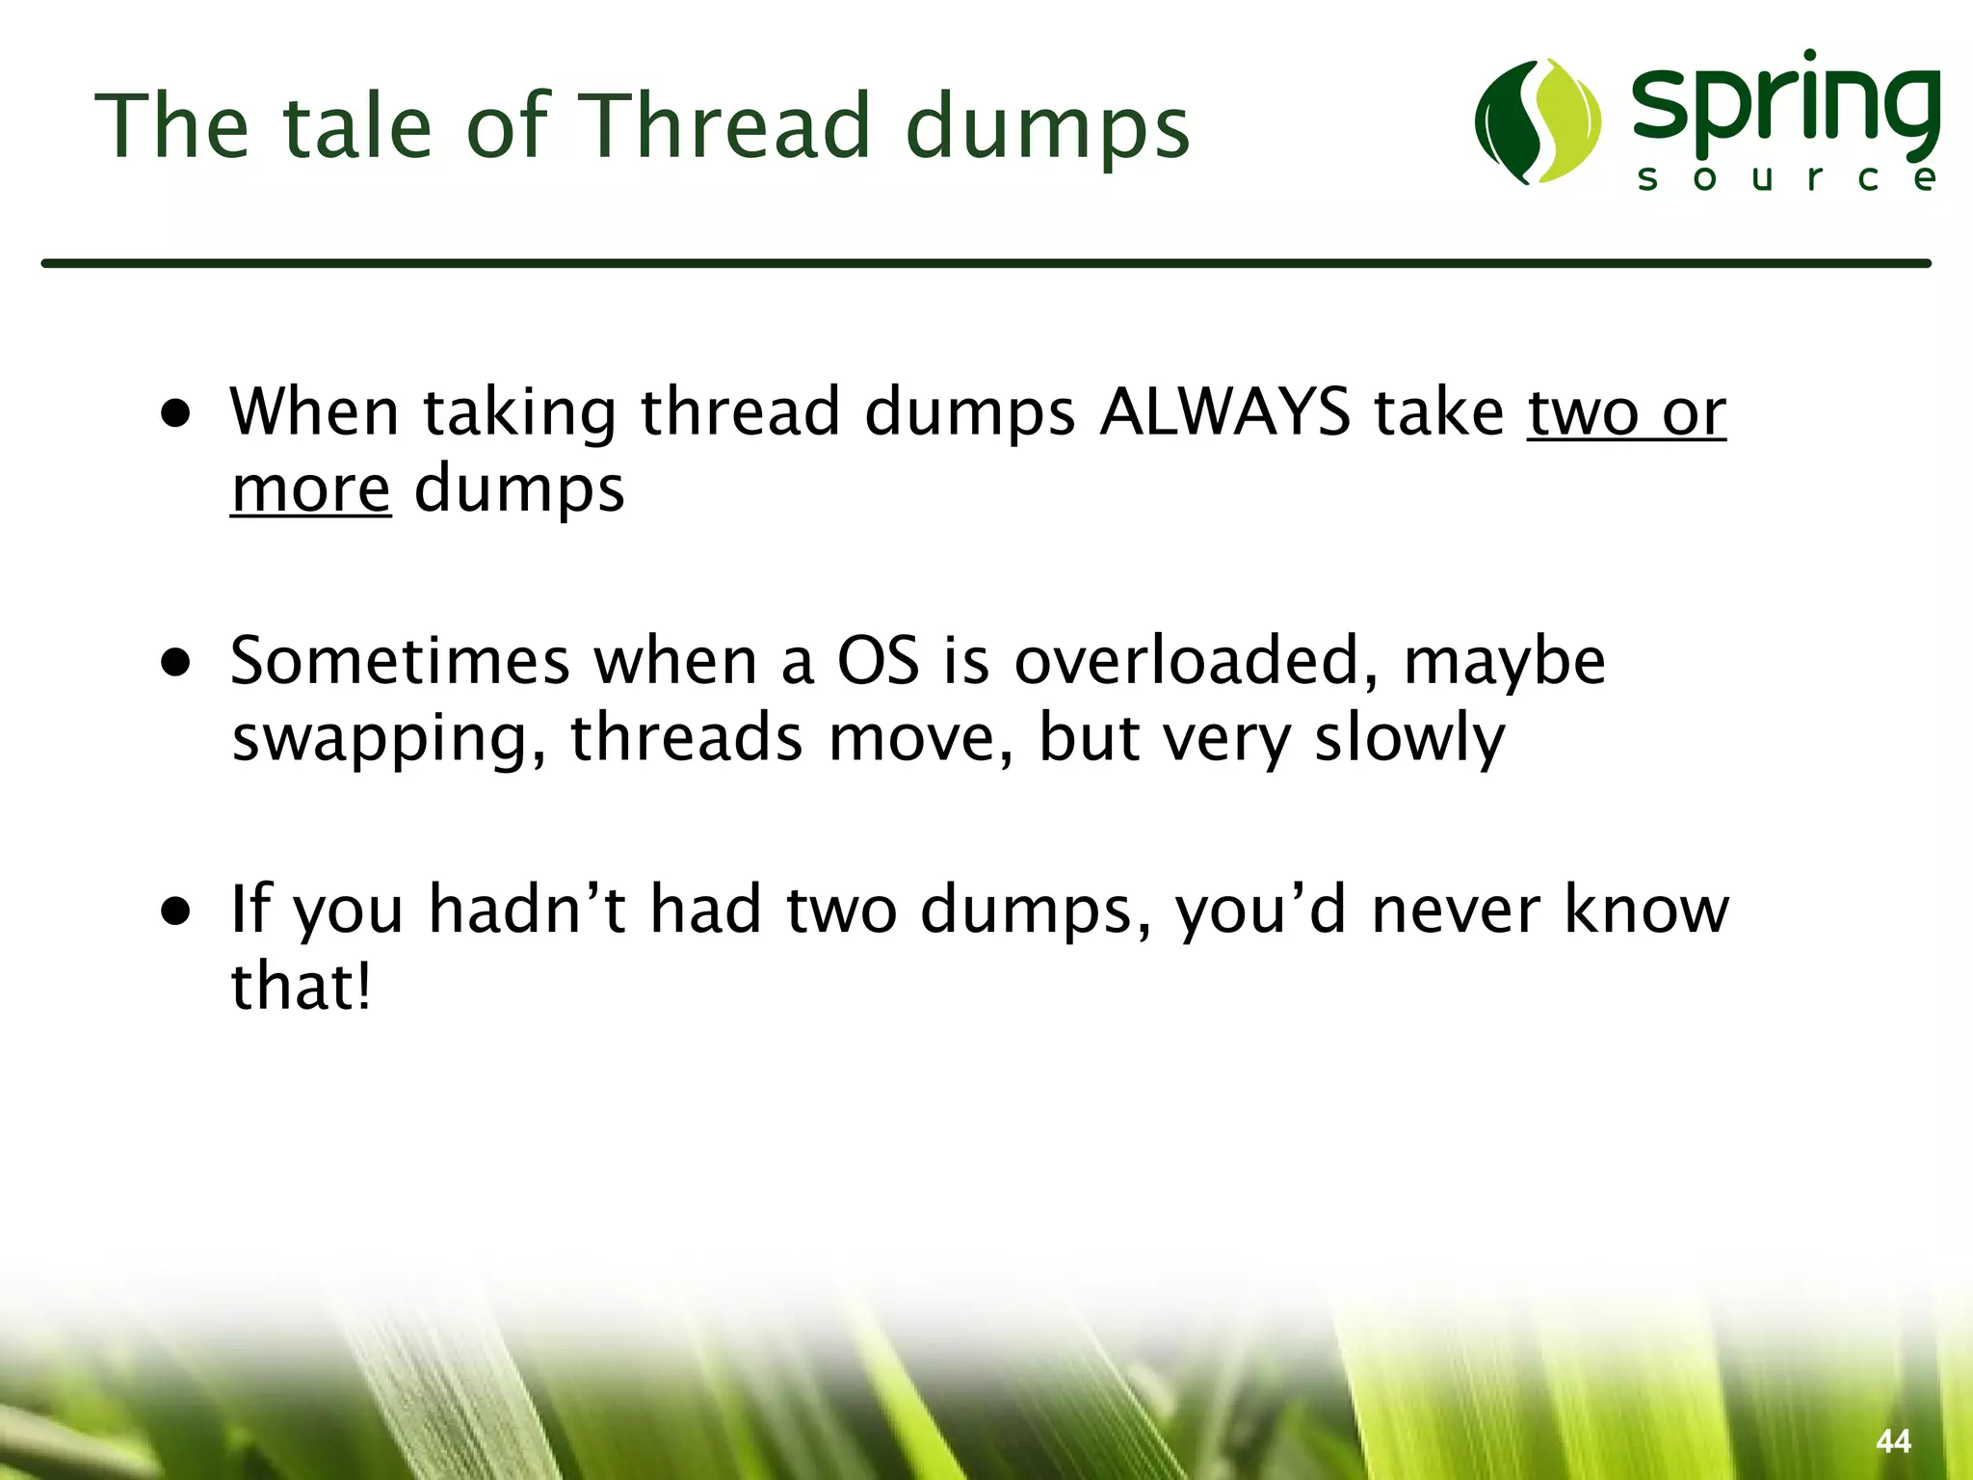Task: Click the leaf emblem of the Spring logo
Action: click(1538, 121)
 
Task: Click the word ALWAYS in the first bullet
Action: click(1225, 412)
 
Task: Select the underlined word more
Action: click(310, 489)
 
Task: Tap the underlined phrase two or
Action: click(1626, 412)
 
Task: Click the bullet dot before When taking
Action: click(176, 415)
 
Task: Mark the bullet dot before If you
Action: click(176, 912)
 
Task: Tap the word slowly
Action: click(1408, 738)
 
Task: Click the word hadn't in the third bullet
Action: click(527, 910)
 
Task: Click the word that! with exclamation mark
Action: click(302, 987)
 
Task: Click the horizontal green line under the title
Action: click(986, 263)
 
